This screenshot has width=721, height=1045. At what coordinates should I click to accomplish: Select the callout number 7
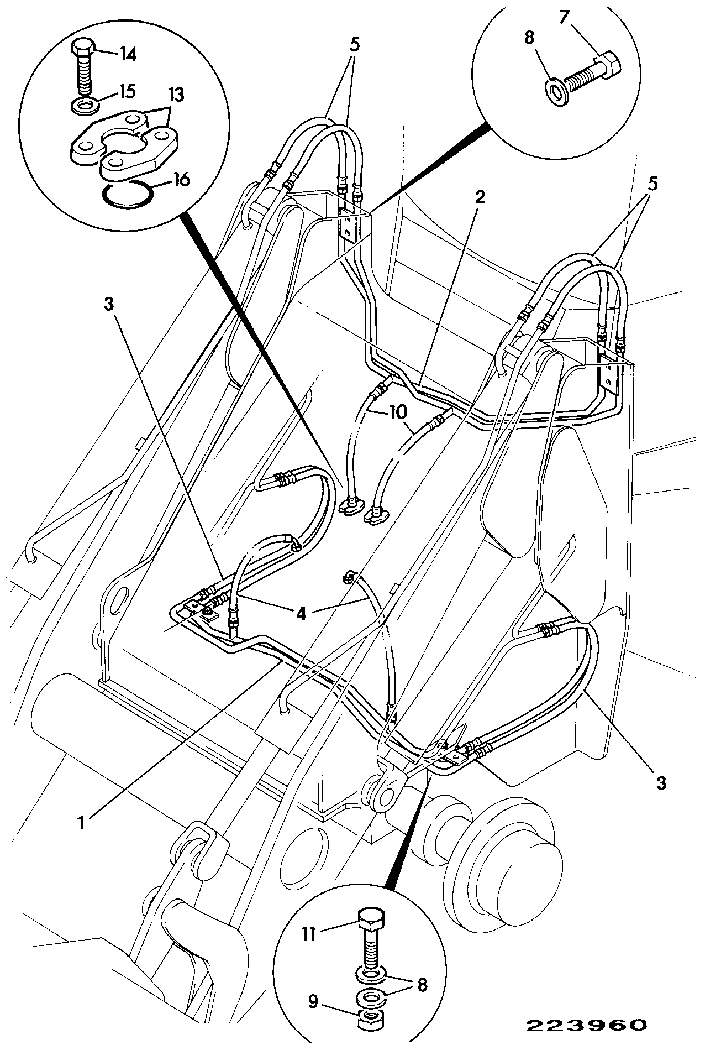(564, 18)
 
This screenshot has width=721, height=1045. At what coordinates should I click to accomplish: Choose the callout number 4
(301, 614)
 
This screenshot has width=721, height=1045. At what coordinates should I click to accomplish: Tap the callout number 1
(82, 823)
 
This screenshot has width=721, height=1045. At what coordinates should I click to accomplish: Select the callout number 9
(313, 1001)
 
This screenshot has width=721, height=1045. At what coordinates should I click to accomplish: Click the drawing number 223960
(585, 1025)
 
